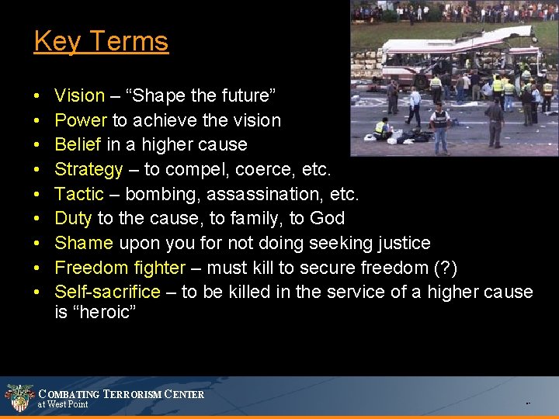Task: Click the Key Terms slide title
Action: (x=101, y=41)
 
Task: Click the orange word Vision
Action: (x=79, y=96)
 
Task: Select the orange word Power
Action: (x=81, y=120)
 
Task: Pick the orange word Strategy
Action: (x=89, y=169)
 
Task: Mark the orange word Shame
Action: (x=84, y=243)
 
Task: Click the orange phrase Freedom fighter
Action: (x=120, y=268)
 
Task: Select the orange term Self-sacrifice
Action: (x=107, y=292)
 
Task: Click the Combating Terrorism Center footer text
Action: (x=121, y=394)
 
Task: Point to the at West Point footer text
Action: (x=63, y=404)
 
